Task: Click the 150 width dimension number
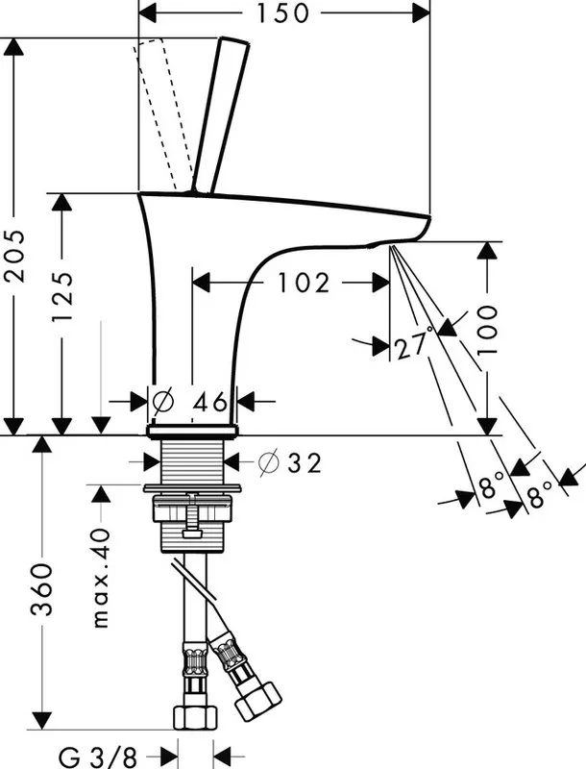[x=283, y=13]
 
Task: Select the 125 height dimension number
[x=62, y=297]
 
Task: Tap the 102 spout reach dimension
[x=304, y=283]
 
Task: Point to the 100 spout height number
[x=486, y=330]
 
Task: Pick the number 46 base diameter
[x=209, y=402]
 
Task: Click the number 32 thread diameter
[x=305, y=462]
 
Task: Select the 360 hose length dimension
[x=41, y=590]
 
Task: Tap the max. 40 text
[x=101, y=579]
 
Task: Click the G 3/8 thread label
[x=98, y=757]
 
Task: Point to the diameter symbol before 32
[x=268, y=462]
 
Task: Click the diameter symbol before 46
[x=162, y=401]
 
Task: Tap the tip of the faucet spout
[x=428, y=217]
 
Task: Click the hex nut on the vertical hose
[x=196, y=718]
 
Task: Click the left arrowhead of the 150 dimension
[x=147, y=13]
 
